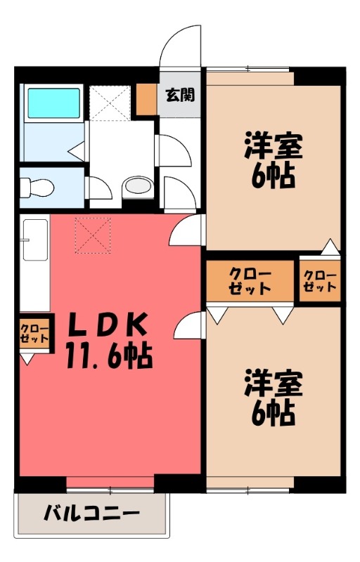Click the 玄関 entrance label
click(180, 95)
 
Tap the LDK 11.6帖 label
click(108, 341)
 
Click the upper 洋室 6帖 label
click(274, 160)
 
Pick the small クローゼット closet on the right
click(320, 280)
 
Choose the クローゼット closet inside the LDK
click(34, 332)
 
